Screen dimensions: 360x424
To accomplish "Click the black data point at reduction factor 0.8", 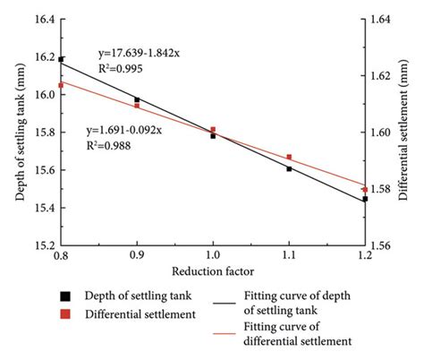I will [61, 59].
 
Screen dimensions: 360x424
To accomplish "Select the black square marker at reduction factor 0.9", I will [137, 99].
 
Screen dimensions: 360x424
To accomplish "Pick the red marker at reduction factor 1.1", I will [289, 158].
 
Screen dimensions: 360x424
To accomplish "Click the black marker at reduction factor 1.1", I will [289, 168].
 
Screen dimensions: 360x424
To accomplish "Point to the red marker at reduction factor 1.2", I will [365, 189].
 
